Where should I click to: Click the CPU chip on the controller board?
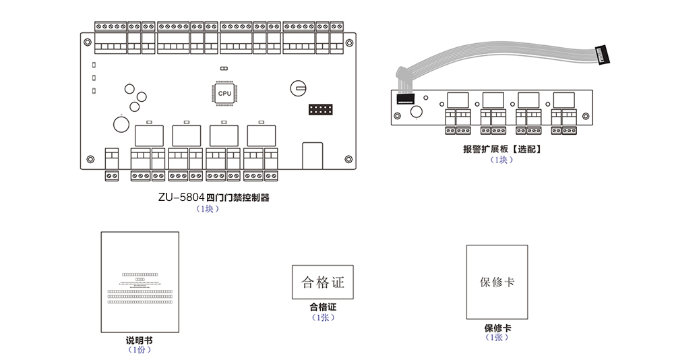[x=224, y=94]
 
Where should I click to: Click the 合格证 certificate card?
[x=323, y=282]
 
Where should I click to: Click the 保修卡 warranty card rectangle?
[x=497, y=282]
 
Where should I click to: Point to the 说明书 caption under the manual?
[x=140, y=341]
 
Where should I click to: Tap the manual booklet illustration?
[x=140, y=282]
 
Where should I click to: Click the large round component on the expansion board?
[x=417, y=113]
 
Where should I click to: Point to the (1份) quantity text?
[x=140, y=351]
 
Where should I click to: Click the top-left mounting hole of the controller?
[x=87, y=40]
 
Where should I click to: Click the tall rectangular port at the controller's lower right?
[x=312, y=155]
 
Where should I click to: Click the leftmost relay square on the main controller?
[x=146, y=136]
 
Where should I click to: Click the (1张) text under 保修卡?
[x=497, y=337]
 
